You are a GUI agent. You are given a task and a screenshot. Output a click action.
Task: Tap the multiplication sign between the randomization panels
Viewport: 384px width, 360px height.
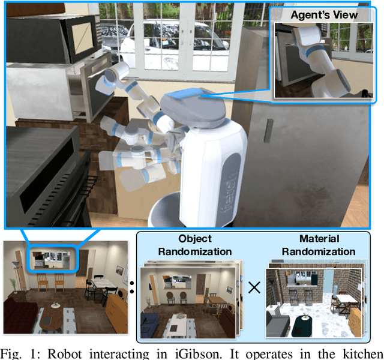coord(254,287)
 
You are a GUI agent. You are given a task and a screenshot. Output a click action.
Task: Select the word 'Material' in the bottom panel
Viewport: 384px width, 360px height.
coord(319,239)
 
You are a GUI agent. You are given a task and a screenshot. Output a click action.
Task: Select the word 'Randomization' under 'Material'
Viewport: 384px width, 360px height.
coord(319,251)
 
